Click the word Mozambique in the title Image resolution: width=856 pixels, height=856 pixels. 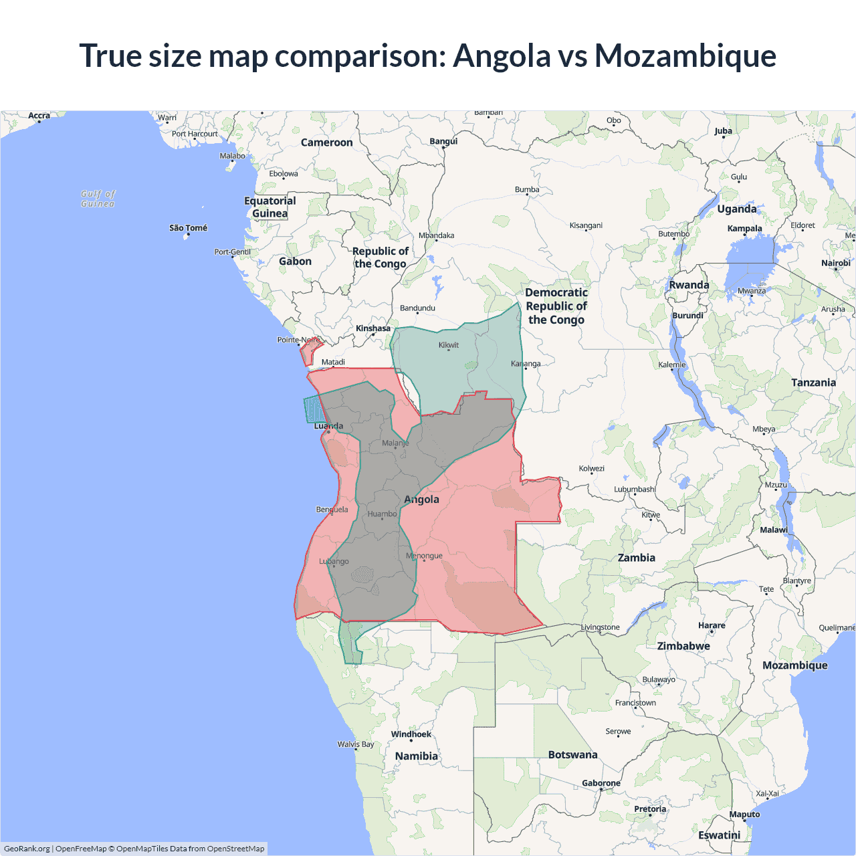(685, 56)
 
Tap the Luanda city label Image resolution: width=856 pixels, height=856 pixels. (328, 426)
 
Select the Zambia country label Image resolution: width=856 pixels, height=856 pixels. (636, 558)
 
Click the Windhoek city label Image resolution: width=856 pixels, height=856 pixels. (411, 734)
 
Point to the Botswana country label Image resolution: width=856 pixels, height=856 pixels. (572, 754)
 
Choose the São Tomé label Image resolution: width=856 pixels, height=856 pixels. (188, 228)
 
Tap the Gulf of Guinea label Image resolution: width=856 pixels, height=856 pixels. (98, 199)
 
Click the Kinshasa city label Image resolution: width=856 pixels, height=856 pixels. (372, 328)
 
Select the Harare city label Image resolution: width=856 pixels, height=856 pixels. (712, 625)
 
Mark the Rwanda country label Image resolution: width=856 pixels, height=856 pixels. (689, 285)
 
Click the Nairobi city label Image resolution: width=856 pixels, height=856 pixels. (835, 263)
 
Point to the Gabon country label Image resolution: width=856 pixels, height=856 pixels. (295, 261)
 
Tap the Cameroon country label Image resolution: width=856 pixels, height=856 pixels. (326, 142)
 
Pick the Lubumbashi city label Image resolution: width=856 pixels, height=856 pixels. (634, 490)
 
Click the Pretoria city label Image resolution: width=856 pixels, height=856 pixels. (650, 809)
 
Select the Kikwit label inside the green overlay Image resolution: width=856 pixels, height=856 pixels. (449, 345)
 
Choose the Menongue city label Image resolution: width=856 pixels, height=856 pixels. (424, 556)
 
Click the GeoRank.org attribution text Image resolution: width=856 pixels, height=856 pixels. (27, 849)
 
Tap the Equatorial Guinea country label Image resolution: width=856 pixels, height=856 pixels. (270, 207)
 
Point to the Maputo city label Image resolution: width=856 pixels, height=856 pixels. (744, 814)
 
